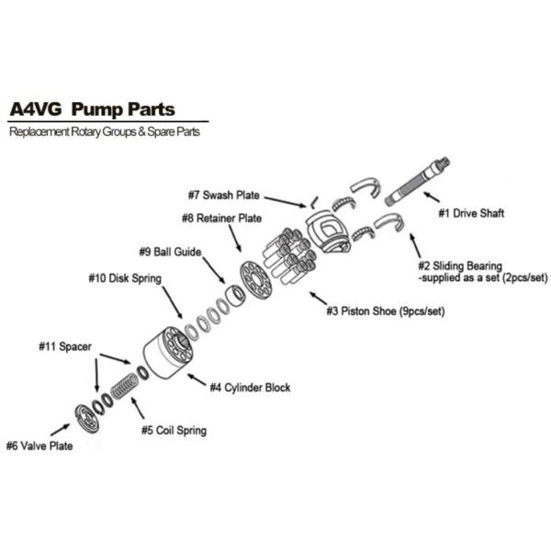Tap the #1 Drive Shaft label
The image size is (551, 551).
point(471,213)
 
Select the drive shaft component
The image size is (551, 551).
point(418,180)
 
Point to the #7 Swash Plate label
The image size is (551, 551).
point(223,195)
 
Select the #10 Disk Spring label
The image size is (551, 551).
point(125,277)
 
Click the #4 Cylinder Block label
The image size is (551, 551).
point(250,388)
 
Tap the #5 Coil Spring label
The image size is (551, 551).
point(174,430)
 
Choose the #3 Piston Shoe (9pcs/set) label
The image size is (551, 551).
point(385,311)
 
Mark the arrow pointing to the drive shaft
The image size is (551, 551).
point(430,198)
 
